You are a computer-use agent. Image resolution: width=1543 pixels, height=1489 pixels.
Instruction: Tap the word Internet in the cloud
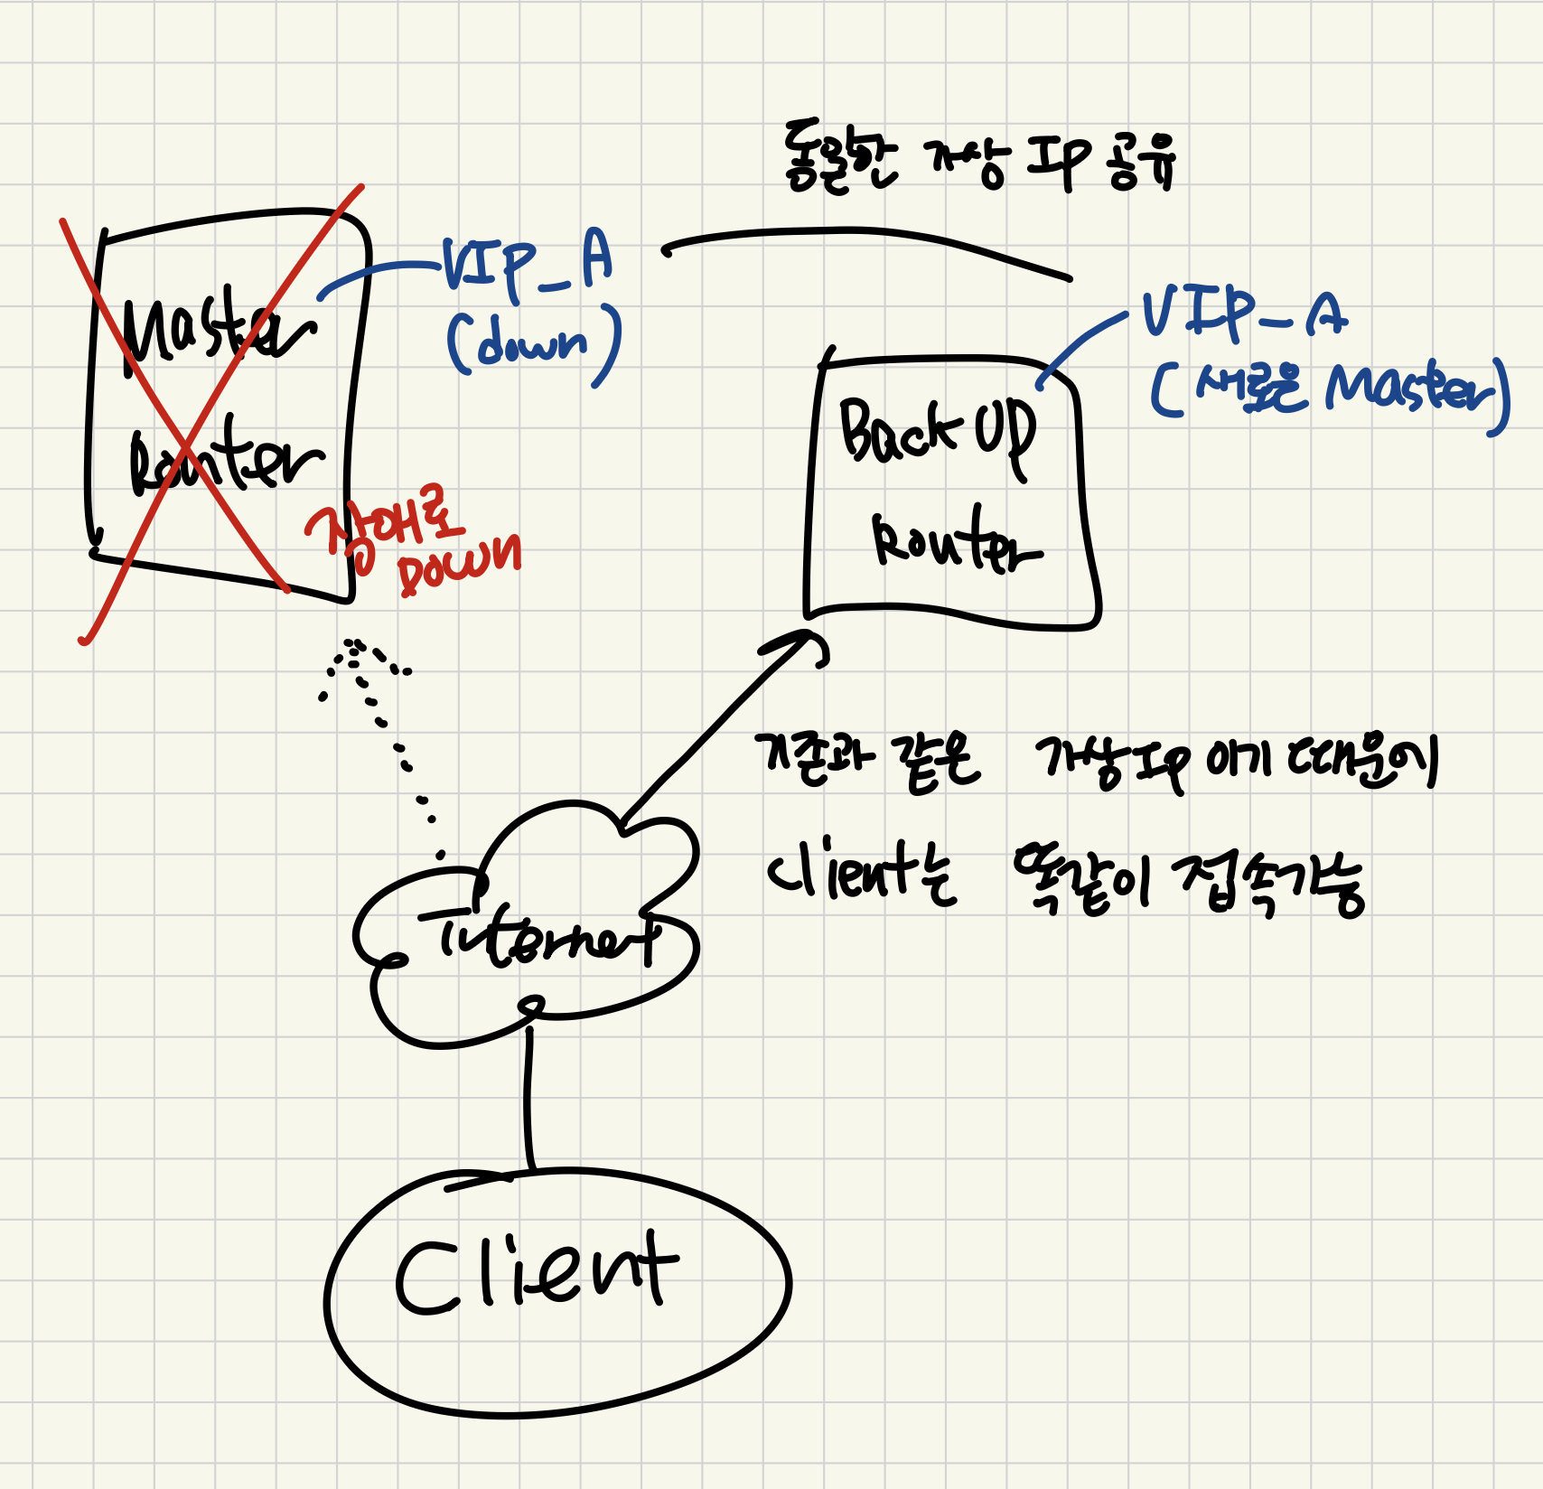coord(547,940)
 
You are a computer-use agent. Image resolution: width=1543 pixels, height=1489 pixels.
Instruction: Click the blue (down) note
coord(533,343)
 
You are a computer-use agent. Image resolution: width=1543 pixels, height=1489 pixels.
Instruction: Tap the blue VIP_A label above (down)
coord(527,264)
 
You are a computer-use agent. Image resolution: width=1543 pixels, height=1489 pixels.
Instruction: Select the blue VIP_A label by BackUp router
coord(1245,314)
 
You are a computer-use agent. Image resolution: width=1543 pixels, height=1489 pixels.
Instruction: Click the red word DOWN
coord(459,565)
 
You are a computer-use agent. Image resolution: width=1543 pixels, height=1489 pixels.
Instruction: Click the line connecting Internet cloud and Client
coord(528,1098)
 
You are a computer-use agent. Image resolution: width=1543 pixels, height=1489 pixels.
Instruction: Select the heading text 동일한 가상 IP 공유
coord(980,161)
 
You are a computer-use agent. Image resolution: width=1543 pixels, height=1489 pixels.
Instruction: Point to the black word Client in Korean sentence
coord(840,875)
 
